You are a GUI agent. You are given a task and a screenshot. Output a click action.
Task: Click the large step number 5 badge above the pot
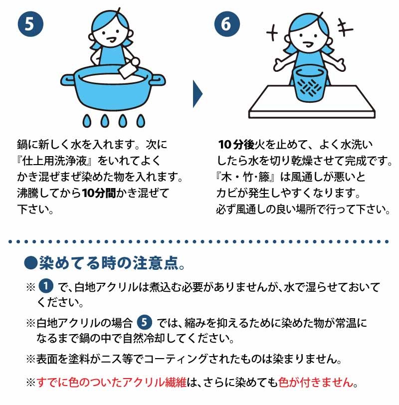(30, 24)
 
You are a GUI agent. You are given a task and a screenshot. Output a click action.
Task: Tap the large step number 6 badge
(227, 24)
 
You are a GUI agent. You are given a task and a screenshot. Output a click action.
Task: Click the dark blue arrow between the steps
(198, 94)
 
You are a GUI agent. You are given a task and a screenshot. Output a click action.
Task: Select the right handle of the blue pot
(158, 80)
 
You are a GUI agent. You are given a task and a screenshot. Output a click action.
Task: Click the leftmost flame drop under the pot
(87, 121)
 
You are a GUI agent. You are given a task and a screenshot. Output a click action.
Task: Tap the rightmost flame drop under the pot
(141, 121)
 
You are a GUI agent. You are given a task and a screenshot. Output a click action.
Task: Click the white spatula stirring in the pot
(128, 68)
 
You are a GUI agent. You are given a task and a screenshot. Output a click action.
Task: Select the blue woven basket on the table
(309, 83)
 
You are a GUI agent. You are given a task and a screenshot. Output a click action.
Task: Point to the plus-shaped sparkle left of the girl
(272, 33)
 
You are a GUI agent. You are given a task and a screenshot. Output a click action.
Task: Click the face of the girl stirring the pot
(111, 34)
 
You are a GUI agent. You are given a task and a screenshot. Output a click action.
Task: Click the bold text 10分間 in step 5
(99, 193)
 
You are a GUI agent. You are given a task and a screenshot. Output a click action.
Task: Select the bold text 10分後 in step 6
(236, 145)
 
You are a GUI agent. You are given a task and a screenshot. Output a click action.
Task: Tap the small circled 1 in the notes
(46, 286)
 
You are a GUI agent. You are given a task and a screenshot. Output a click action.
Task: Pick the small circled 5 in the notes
(144, 322)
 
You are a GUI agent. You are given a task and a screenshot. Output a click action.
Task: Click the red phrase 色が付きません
(316, 382)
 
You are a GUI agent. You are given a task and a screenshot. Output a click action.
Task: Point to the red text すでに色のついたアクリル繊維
(111, 382)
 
